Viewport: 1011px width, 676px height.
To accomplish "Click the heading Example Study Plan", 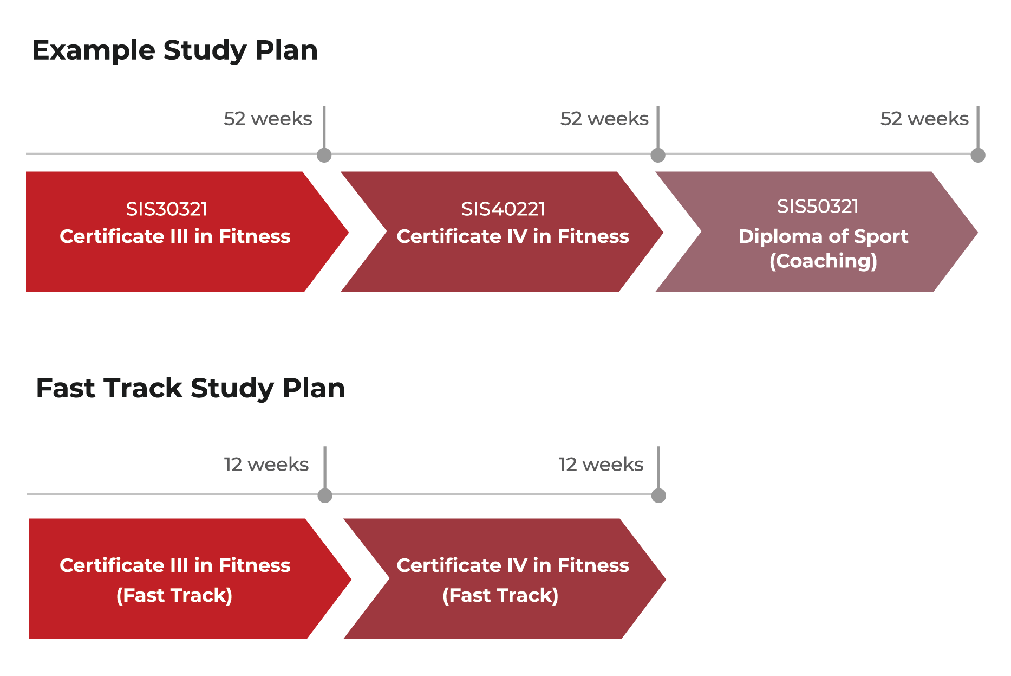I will point(174,51).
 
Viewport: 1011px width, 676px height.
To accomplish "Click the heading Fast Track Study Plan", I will point(190,389).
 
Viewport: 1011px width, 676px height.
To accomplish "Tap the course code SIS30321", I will point(167,209).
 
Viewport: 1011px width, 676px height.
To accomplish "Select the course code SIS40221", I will point(503,209).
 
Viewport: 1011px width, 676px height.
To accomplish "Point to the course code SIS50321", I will point(818,206).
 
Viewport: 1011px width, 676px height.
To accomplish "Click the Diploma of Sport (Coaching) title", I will point(823,248).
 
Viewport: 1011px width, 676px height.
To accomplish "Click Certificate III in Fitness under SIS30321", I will point(175,236).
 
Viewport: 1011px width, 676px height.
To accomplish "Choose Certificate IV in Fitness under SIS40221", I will point(513,236).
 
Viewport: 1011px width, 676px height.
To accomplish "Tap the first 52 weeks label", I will point(268,119).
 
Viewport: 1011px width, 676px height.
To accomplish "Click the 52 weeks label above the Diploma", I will point(924,119).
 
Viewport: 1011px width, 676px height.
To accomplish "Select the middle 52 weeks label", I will point(604,119).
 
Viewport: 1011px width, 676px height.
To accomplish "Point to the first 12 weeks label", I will point(266,465).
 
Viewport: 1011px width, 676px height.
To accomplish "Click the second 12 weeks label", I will point(601,465).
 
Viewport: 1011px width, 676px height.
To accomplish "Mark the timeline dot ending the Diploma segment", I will point(978,155).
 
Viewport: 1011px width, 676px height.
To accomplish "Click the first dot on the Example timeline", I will point(324,155).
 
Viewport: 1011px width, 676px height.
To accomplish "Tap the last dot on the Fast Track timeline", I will point(658,495).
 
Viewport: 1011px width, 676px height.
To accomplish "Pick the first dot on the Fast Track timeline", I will point(325,495).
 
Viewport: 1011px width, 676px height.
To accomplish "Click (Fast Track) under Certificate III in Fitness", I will point(174,595).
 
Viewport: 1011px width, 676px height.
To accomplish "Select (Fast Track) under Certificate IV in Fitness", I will point(500,595).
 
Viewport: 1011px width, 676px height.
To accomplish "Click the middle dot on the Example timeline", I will point(657,155).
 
